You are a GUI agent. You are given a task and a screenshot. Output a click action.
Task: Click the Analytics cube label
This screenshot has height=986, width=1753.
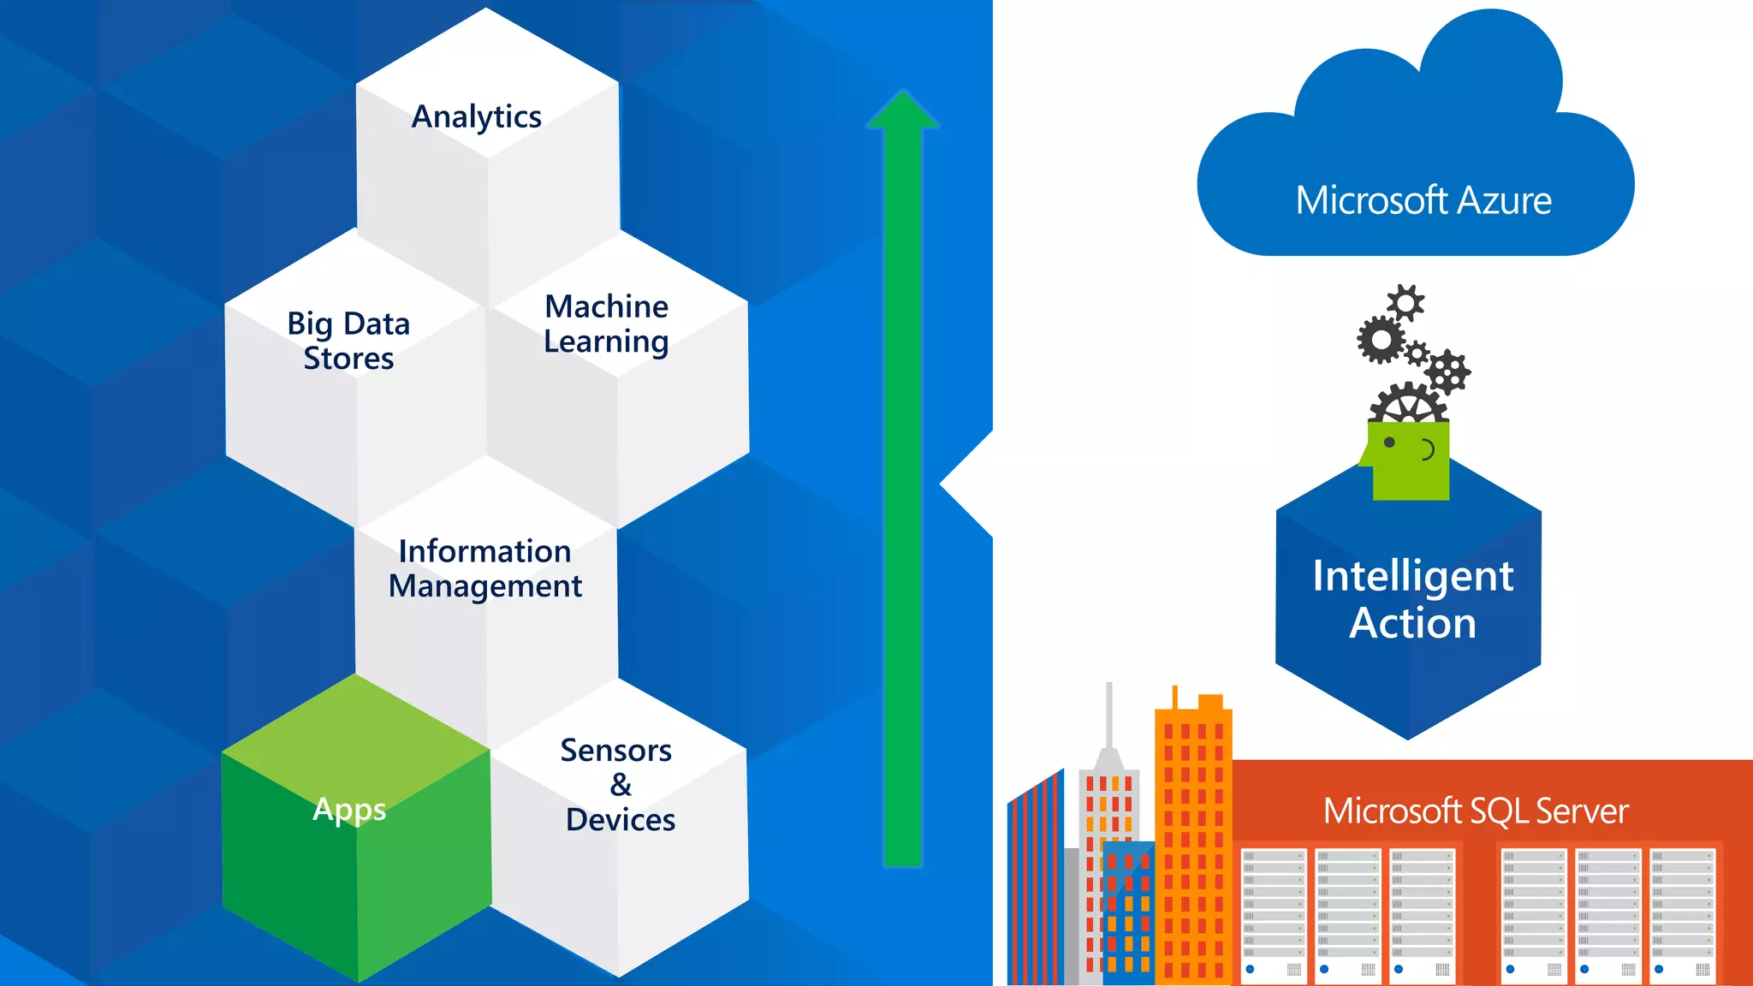pyautogui.click(x=477, y=117)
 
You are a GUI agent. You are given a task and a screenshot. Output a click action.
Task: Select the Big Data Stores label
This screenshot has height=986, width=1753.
pyautogui.click(x=348, y=341)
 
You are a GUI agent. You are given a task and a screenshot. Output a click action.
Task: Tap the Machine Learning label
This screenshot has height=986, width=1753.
pyautogui.click(x=606, y=324)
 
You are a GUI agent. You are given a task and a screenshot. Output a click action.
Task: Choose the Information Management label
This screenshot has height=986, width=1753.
pyautogui.click(x=484, y=568)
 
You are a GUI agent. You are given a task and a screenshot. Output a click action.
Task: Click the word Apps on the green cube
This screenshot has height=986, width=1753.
pyautogui.click(x=349, y=809)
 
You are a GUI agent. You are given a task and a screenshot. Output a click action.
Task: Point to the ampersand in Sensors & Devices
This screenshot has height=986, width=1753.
pyautogui.click(x=621, y=785)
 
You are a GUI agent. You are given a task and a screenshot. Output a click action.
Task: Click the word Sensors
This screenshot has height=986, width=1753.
pyautogui.click(x=615, y=751)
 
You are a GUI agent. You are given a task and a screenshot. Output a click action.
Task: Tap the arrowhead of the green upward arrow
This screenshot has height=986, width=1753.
pyautogui.click(x=902, y=111)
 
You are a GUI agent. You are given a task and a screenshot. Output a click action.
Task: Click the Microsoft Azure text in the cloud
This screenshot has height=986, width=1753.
pyautogui.click(x=1423, y=201)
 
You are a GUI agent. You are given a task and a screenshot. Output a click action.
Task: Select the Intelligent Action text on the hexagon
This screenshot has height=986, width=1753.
pyautogui.click(x=1412, y=599)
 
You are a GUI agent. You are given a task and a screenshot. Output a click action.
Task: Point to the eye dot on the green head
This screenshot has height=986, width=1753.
pyautogui.click(x=1389, y=443)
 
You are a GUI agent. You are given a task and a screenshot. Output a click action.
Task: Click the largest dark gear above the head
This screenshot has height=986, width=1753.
pyautogui.click(x=1381, y=340)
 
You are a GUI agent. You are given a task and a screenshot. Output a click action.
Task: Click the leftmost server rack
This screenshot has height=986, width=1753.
pyautogui.click(x=1274, y=913)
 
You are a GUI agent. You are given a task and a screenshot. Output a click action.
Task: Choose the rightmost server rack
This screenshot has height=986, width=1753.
pyautogui.click(x=1682, y=913)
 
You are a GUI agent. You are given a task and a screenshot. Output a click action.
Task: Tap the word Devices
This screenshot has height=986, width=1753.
pyautogui.click(x=621, y=820)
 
